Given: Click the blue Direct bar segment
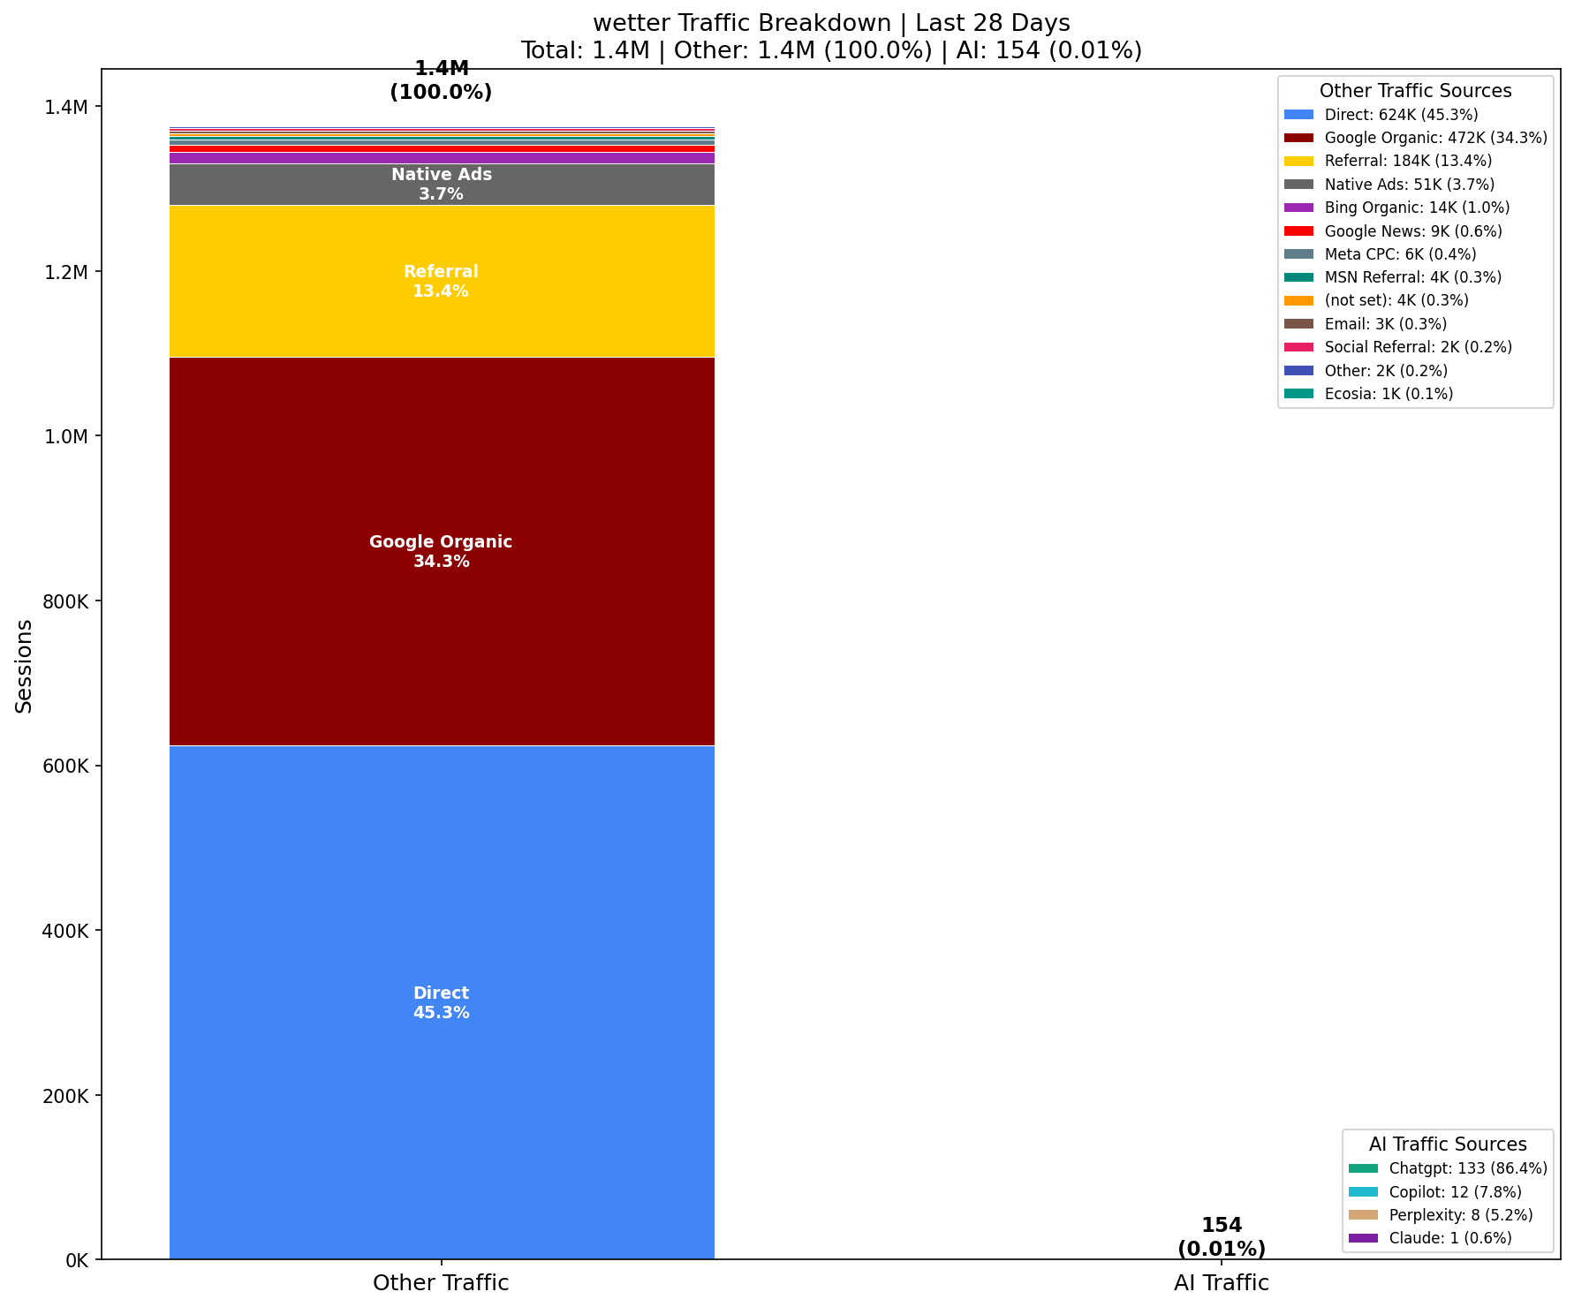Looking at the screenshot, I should [x=441, y=883].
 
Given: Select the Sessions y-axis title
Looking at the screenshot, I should [x=24, y=665].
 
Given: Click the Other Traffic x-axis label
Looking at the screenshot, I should [x=441, y=1283].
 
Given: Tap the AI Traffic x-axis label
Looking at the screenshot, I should [x=1221, y=1283].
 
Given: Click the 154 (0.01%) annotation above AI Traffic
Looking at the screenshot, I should [x=1221, y=1237].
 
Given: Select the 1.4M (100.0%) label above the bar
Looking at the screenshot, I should [x=441, y=80].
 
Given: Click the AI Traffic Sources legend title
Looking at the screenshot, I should [x=1448, y=1145].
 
